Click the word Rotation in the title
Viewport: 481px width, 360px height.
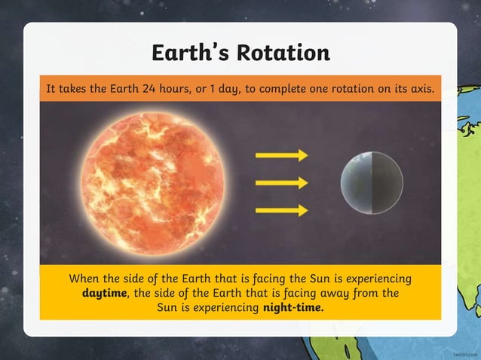click(x=283, y=53)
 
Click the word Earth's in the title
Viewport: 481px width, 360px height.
click(x=190, y=53)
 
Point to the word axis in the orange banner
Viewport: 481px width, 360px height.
click(x=420, y=89)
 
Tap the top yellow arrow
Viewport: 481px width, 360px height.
click(x=281, y=155)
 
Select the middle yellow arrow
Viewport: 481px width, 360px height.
click(x=281, y=183)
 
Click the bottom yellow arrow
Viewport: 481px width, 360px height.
click(x=281, y=210)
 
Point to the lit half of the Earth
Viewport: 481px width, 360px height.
click(x=356, y=183)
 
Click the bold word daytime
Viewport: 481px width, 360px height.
click(x=105, y=293)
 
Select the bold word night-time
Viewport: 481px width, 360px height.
click(x=293, y=307)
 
